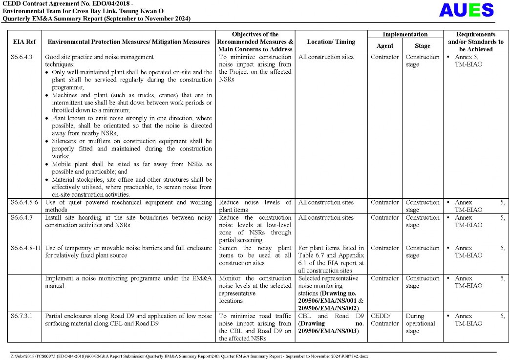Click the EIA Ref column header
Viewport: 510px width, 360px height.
point(24,42)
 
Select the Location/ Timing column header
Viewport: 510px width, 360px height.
point(331,42)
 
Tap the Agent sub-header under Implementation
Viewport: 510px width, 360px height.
point(385,46)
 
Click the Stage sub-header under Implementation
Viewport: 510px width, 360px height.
point(423,46)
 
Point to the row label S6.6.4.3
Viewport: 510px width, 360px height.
point(21,57)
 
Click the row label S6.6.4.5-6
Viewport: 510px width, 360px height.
point(24,203)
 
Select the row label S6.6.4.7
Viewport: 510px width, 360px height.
point(21,218)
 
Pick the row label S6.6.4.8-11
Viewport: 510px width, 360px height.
point(26,248)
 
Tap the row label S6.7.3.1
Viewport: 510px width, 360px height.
point(21,316)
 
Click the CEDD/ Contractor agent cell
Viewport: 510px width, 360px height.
point(385,320)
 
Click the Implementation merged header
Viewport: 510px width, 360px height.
point(405,35)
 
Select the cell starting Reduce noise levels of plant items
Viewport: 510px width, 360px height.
point(255,206)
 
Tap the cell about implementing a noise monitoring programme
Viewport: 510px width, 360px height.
point(128,282)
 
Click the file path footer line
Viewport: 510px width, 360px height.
point(191,356)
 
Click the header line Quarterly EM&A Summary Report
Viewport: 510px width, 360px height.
point(96,19)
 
